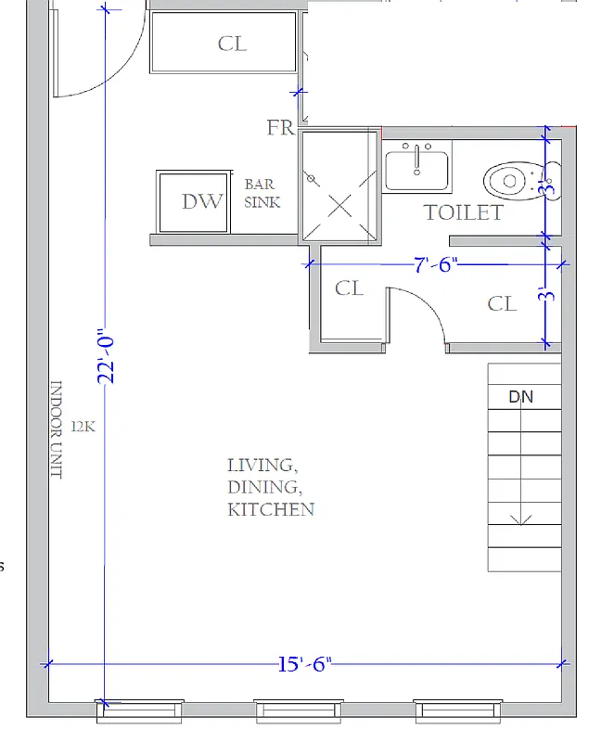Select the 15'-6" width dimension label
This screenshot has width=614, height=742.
tap(304, 664)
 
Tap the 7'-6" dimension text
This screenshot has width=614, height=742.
tap(432, 264)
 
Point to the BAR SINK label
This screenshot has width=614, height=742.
tap(261, 193)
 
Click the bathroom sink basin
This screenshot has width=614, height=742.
tap(417, 169)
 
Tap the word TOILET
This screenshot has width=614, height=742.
tap(463, 212)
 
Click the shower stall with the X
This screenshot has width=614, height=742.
tap(339, 190)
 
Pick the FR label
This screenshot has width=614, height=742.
tap(280, 128)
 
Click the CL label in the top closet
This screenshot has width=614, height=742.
tap(232, 44)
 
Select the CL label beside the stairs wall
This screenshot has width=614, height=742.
tap(502, 303)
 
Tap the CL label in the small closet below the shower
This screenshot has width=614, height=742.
tap(349, 288)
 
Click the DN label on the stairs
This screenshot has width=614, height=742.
tap(520, 397)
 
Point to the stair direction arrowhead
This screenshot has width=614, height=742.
tap(521, 519)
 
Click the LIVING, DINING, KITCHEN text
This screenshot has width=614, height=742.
tap(270, 487)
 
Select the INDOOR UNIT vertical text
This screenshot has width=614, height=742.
tap(55, 429)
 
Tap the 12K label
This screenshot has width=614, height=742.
tap(83, 428)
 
